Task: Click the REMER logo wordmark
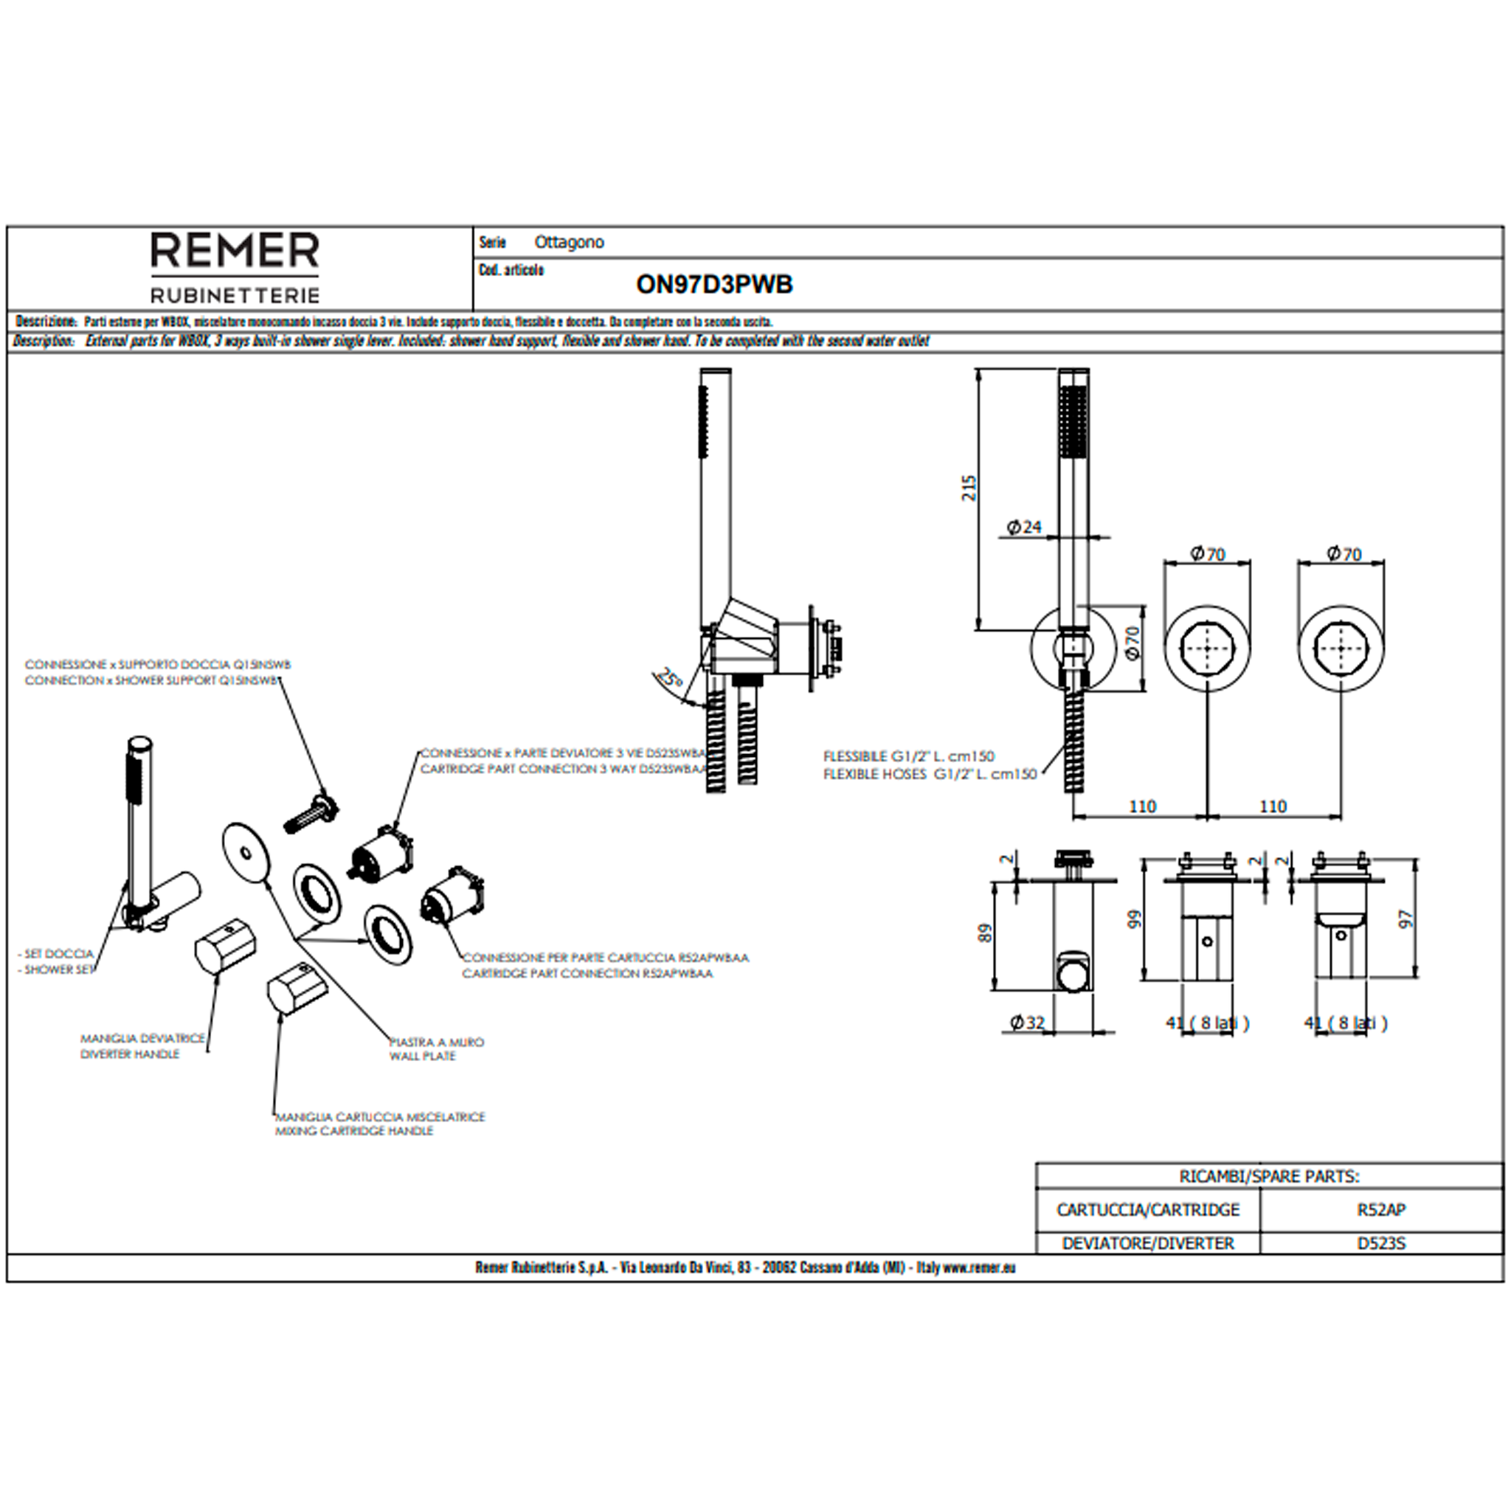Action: click(x=235, y=251)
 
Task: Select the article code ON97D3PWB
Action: click(x=714, y=285)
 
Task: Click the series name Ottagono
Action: click(x=569, y=243)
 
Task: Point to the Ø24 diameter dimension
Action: click(x=1024, y=527)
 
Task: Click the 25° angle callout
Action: click(x=669, y=677)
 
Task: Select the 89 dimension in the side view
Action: click(x=986, y=933)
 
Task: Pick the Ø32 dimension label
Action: click(x=1027, y=1022)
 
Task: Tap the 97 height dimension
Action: click(x=1406, y=919)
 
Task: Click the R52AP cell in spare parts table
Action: click(x=1381, y=1210)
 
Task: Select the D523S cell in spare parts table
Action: click(x=1381, y=1243)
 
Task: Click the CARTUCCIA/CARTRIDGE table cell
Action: click(x=1147, y=1210)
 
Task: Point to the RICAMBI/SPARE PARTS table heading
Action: click(x=1268, y=1176)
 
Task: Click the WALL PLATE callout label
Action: click(x=422, y=1057)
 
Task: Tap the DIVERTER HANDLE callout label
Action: click(x=130, y=1054)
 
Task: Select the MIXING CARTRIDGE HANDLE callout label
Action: click(x=353, y=1131)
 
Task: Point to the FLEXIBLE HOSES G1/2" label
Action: click(x=929, y=774)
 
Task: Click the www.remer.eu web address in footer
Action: click(x=978, y=1268)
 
